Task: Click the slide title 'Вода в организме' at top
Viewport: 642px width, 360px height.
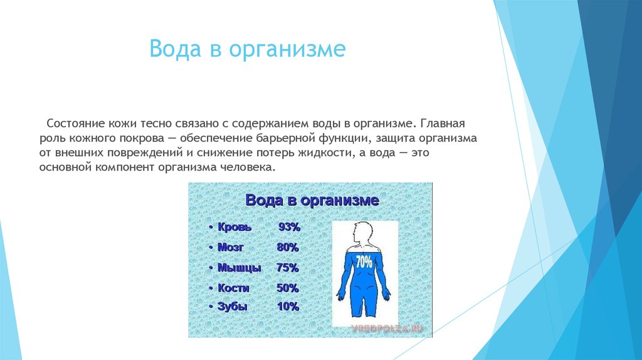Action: point(247,49)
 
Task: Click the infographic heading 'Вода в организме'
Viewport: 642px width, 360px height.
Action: point(312,201)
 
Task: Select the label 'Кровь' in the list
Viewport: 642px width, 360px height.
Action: point(234,227)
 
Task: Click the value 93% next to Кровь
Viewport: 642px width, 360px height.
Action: point(289,227)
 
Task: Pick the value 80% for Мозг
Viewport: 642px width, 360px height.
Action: point(288,247)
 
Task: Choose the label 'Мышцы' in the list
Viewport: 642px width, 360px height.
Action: point(239,268)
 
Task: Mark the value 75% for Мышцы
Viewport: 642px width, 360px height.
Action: point(288,268)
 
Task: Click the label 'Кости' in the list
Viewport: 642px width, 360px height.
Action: point(234,288)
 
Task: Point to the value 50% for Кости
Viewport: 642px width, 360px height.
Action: point(288,288)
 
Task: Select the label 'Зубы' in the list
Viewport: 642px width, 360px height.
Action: point(233,307)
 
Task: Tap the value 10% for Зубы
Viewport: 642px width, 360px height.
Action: point(288,307)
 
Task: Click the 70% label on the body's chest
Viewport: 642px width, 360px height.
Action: point(364,262)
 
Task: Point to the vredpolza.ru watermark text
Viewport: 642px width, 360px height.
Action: point(387,327)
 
